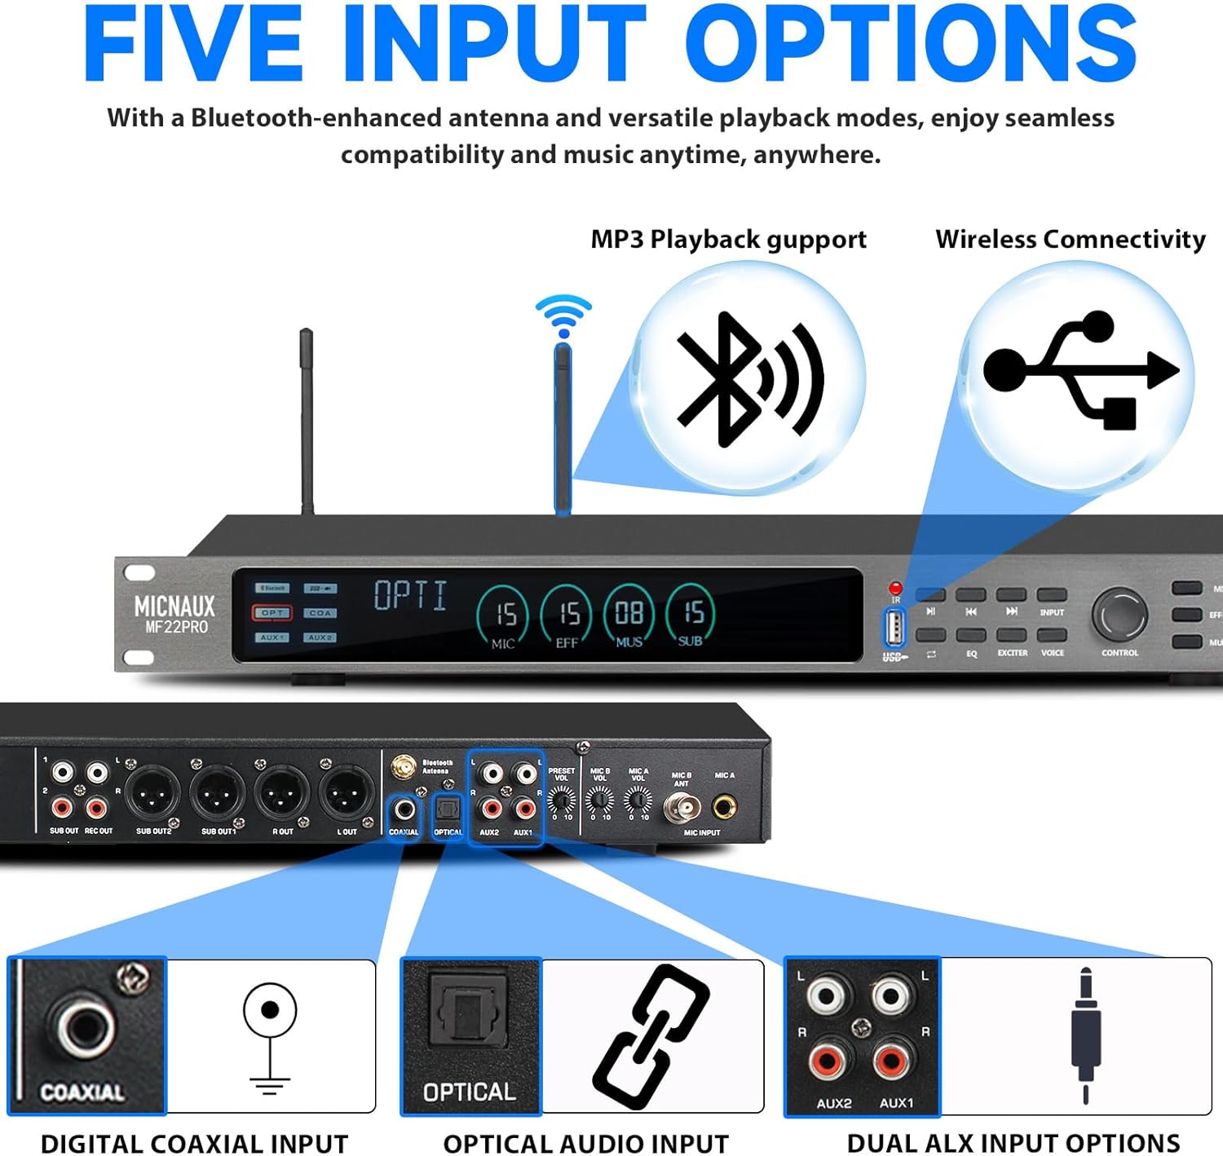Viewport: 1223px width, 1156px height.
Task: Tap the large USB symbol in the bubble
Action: tap(1081, 369)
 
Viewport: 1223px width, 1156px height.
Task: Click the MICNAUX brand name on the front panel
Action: tap(174, 607)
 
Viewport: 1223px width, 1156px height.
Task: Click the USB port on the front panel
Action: tap(894, 628)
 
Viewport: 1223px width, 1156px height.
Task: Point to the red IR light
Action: tap(895, 588)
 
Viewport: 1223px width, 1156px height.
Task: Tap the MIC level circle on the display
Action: tap(503, 616)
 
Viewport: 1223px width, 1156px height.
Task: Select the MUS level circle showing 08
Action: tap(629, 616)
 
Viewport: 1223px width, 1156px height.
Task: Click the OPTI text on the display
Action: tap(411, 595)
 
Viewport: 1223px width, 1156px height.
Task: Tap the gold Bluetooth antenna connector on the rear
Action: tap(402, 767)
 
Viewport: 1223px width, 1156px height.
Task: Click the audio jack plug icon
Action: tap(1085, 1035)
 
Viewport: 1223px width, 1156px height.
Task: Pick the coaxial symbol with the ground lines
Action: tap(270, 1035)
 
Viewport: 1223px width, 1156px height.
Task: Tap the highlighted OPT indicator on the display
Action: tap(272, 612)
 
